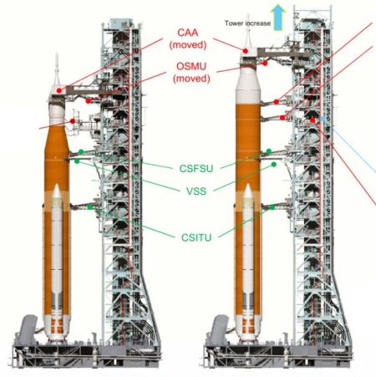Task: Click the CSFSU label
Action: (x=196, y=169)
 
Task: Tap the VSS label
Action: (x=196, y=191)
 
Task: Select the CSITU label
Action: (x=196, y=237)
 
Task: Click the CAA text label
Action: (x=188, y=33)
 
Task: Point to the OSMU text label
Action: (x=191, y=66)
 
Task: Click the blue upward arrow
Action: (x=277, y=18)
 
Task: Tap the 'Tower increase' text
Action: (x=247, y=23)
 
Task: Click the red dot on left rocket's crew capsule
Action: (x=59, y=90)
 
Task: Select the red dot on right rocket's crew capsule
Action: (x=246, y=51)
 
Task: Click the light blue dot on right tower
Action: (x=323, y=119)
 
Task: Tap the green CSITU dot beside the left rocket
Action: (x=89, y=206)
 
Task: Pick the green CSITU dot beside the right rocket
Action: (x=272, y=207)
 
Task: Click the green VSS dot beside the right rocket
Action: (x=274, y=165)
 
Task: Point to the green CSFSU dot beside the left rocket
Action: (x=81, y=151)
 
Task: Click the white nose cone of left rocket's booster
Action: (x=57, y=191)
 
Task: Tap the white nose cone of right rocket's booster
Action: (x=248, y=191)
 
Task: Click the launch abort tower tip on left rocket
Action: (x=57, y=53)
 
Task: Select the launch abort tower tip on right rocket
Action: (x=248, y=13)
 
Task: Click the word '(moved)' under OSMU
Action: (x=191, y=79)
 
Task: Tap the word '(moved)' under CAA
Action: (x=188, y=45)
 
